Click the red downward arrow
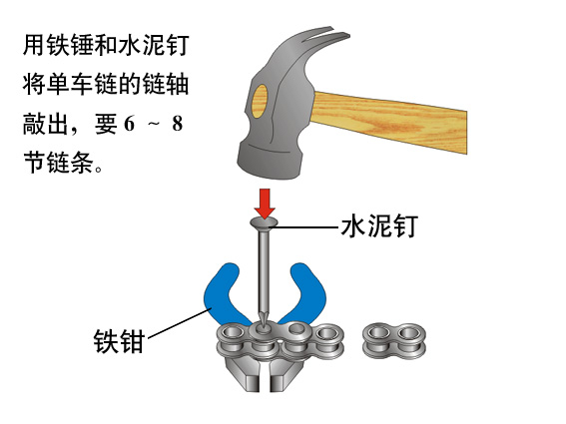pos(265,204)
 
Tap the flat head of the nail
pos(265,224)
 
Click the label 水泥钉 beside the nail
pos(379,226)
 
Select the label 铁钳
pos(119,341)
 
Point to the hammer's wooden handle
pos(390,121)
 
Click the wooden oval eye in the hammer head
pos(260,102)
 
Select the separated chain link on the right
pos(394,340)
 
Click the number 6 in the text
pos(129,124)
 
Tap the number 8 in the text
pos(177,124)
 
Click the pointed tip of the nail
pos(264,325)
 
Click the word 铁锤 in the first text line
pos(70,45)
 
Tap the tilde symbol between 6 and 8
pos(154,124)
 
